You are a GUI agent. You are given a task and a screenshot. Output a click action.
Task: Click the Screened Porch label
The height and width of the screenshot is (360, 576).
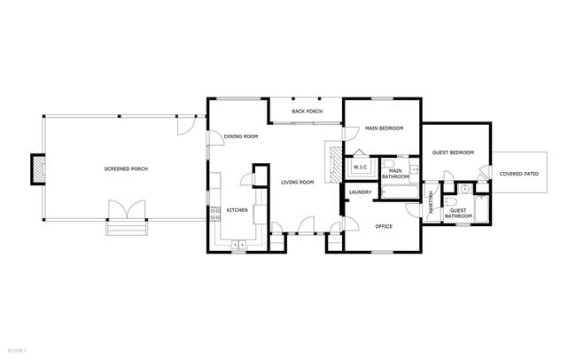(126, 168)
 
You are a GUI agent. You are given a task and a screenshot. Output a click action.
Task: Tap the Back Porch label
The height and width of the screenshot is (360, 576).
(307, 112)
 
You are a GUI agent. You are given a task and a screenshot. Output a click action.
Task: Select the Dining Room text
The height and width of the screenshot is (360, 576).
(240, 137)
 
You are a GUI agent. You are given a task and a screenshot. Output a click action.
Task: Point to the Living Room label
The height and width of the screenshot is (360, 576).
(298, 183)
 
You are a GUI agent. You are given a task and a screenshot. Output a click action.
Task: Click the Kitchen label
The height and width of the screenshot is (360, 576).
(237, 210)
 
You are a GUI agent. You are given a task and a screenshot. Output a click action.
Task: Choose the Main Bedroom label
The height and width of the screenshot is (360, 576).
(384, 129)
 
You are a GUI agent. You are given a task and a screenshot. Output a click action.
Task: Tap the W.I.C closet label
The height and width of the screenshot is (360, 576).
(361, 167)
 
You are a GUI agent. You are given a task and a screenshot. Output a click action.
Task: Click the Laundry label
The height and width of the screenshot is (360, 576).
(360, 192)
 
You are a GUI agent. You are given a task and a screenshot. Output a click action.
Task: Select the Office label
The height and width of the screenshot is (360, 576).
(383, 226)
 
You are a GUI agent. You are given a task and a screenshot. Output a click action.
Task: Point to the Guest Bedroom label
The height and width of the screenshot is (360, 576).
(453, 153)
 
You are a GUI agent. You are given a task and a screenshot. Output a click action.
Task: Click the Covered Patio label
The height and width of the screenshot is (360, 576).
(519, 174)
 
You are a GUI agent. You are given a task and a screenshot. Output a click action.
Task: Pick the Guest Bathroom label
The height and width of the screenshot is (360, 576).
(458, 214)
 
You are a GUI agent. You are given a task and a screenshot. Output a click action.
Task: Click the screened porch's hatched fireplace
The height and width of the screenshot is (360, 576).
(38, 168)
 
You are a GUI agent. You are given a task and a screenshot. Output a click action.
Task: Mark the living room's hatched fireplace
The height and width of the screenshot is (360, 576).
(332, 162)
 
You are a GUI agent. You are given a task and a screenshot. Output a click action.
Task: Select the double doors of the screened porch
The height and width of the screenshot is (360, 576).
(124, 210)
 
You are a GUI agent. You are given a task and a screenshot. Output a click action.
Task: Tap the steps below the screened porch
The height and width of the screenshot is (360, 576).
(124, 228)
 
